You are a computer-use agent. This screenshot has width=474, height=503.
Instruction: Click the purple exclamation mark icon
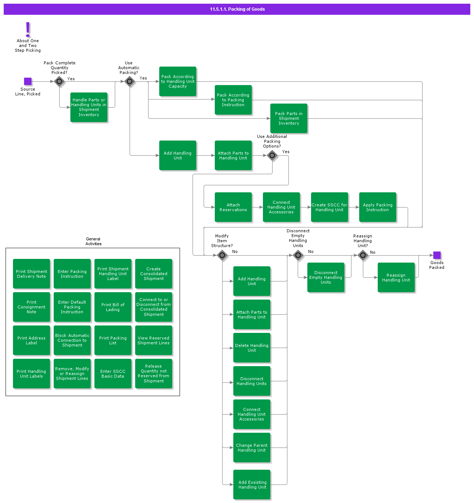(x=28, y=29)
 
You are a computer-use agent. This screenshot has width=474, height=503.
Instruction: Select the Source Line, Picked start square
(x=28, y=81)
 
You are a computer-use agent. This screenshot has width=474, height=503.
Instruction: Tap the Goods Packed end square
(x=437, y=255)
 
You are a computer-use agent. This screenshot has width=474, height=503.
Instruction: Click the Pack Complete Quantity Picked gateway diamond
(x=59, y=81)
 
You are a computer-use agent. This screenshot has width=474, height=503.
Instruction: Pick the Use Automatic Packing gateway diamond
(x=130, y=81)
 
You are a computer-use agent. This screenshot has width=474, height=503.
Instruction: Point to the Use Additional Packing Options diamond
(x=272, y=155)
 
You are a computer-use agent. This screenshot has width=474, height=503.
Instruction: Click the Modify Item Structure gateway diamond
(x=222, y=255)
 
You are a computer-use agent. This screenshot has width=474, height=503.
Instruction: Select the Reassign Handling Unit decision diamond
(x=363, y=255)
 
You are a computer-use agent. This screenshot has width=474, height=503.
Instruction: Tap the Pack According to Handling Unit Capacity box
(x=177, y=81)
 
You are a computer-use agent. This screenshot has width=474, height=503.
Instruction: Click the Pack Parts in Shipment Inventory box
(x=288, y=118)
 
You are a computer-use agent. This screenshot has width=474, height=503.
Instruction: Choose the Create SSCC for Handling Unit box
(x=329, y=207)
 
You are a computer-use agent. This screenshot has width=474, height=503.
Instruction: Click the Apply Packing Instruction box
(x=377, y=207)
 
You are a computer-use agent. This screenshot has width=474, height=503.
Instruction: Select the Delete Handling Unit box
(x=251, y=348)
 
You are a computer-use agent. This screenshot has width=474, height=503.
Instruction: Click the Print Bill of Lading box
(x=113, y=307)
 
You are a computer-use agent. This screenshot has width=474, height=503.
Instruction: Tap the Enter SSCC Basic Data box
(x=113, y=374)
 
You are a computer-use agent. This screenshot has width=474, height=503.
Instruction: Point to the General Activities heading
(x=93, y=242)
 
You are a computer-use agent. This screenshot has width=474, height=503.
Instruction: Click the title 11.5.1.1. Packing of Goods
(x=237, y=9)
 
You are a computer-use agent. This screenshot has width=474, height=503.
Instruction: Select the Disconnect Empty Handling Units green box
(x=326, y=277)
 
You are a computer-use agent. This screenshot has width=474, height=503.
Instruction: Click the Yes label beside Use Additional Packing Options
(x=286, y=152)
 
